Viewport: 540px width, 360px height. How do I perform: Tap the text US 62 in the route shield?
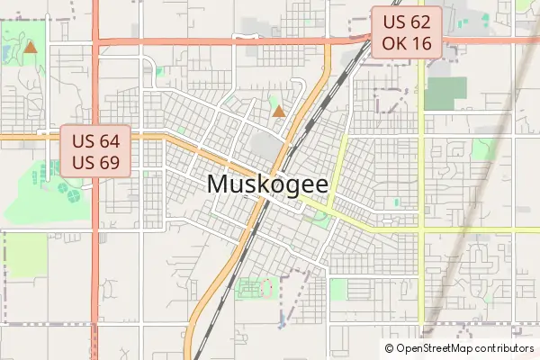point(407,22)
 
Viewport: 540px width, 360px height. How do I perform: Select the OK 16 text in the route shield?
point(407,43)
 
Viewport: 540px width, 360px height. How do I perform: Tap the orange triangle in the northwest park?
point(31,46)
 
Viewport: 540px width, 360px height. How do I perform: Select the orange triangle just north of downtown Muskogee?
point(279,112)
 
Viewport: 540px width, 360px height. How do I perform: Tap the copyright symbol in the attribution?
point(389,348)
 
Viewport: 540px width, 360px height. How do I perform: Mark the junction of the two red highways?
point(94,40)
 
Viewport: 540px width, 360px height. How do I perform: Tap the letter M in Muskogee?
point(217,184)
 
